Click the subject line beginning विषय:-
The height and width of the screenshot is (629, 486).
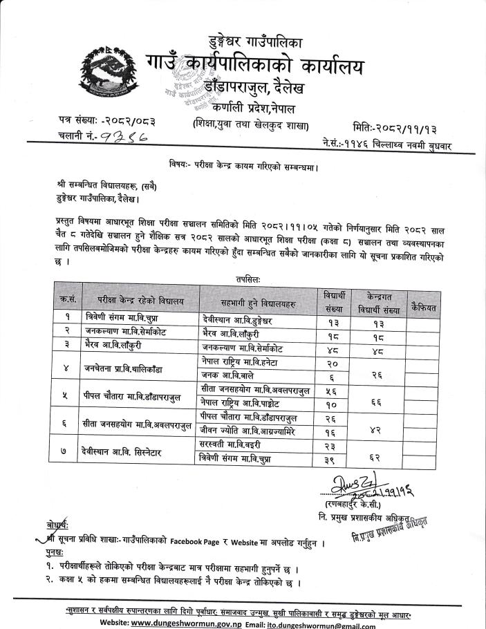pyautogui.click(x=243, y=166)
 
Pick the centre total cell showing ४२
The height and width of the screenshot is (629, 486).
pyautogui.click(x=375, y=428)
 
